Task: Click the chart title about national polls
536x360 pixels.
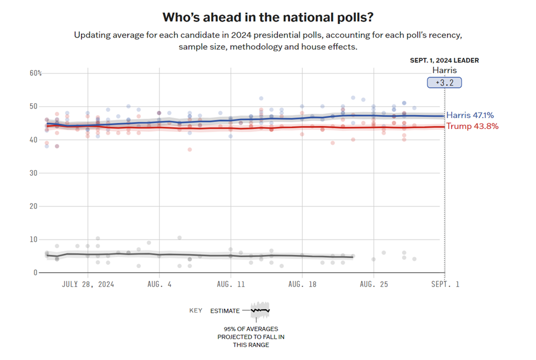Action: [x=268, y=17]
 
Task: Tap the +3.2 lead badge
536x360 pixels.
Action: [x=444, y=83]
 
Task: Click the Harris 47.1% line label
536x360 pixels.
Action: [x=470, y=115]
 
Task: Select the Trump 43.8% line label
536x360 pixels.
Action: [x=472, y=126]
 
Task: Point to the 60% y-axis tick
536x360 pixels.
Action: [x=36, y=73]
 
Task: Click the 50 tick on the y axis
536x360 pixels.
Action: [x=34, y=107]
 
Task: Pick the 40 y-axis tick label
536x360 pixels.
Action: [x=34, y=140]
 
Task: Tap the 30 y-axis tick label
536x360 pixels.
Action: [x=34, y=173]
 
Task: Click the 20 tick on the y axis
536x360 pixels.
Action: [x=34, y=206]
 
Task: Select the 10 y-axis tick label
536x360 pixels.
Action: [x=34, y=240]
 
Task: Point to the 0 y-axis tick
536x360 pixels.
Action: [x=35, y=273]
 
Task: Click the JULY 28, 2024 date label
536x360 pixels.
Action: [x=88, y=284]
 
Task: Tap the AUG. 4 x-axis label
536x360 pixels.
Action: [x=159, y=284]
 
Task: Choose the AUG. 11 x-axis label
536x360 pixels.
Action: [x=230, y=284]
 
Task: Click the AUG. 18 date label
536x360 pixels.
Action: [x=302, y=284]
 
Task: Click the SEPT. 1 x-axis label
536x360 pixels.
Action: [x=444, y=284]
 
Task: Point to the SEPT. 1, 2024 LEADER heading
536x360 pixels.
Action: [x=444, y=60]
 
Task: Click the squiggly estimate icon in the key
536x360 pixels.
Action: [x=260, y=311]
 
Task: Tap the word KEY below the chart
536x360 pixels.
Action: [x=196, y=311]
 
